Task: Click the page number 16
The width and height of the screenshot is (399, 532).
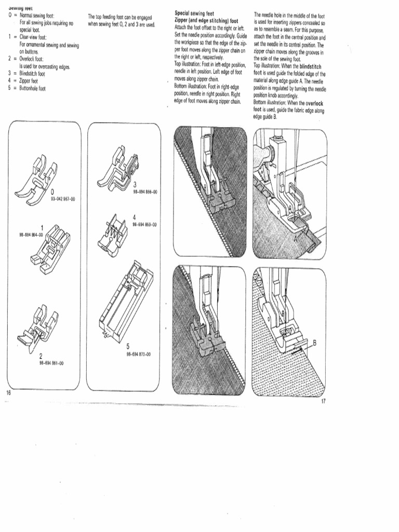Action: [x=8, y=392]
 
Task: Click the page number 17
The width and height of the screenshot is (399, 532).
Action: [x=323, y=402]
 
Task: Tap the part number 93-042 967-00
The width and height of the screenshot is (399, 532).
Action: [x=62, y=198]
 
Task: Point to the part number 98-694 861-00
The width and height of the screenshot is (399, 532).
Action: [x=51, y=363]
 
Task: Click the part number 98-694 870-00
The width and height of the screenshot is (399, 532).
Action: [x=138, y=354]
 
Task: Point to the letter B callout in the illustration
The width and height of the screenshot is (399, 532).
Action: [x=315, y=342]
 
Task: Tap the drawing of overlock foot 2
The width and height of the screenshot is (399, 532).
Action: [x=39, y=327]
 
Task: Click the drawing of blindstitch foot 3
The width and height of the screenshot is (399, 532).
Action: [x=118, y=166]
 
